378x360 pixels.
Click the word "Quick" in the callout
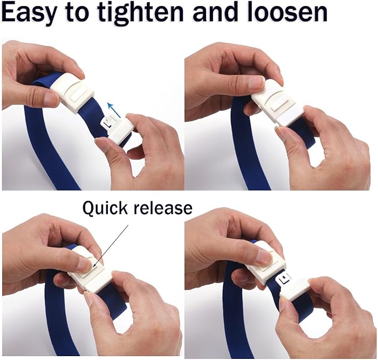click(105, 208)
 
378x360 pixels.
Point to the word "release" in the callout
click(161, 208)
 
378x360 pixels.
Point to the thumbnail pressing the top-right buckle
click(256, 83)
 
